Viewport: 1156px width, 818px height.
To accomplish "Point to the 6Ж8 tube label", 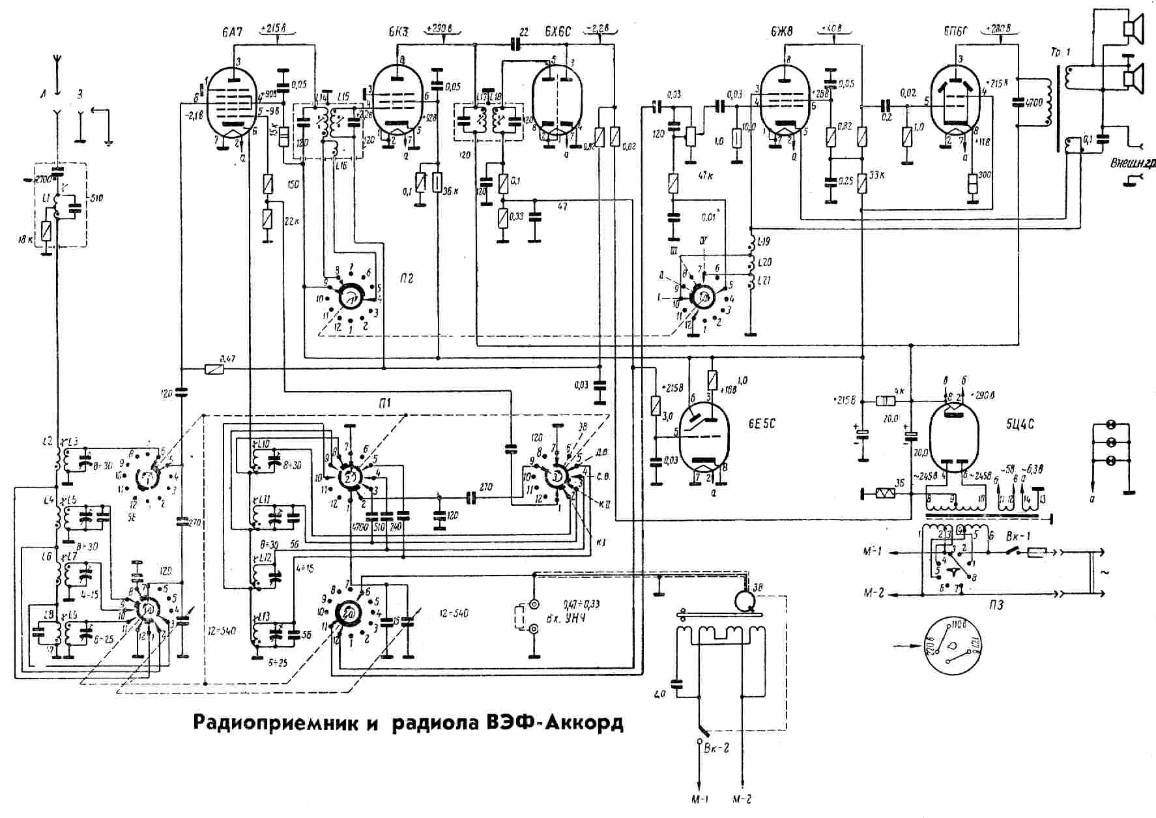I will pos(783,31).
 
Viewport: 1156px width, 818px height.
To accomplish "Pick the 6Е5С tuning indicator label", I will pos(761,424).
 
